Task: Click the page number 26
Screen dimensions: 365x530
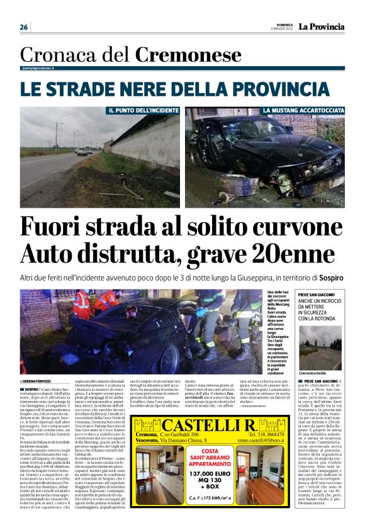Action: pyautogui.click(x=24, y=27)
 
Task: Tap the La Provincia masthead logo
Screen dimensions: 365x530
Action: pyautogui.click(x=322, y=26)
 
